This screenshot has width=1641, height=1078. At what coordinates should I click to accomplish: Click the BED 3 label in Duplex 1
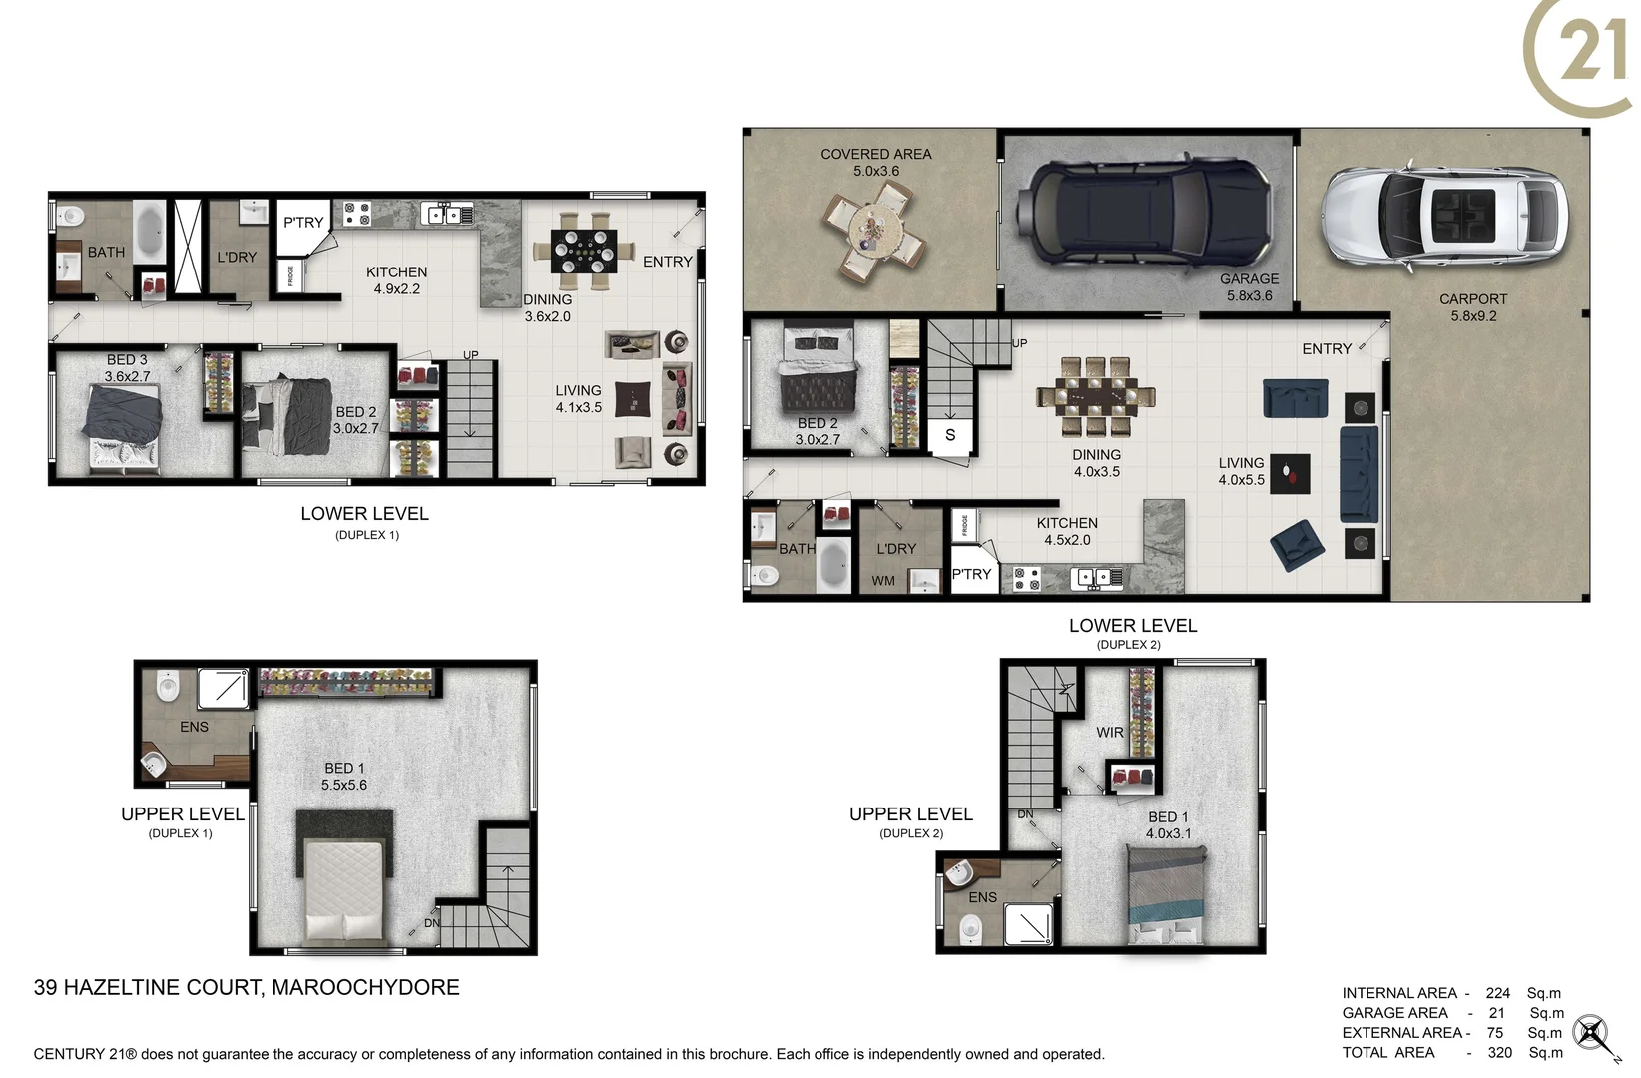click(x=127, y=360)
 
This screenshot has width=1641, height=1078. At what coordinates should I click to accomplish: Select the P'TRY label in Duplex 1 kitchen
click(x=303, y=223)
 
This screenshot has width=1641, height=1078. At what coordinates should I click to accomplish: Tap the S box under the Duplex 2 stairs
click(x=950, y=435)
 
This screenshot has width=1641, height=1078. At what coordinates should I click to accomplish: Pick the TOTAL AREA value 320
click(x=1499, y=1052)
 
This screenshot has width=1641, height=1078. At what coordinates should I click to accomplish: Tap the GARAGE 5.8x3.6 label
click(x=1249, y=287)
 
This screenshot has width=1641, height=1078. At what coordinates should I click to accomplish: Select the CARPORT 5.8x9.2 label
click(x=1473, y=307)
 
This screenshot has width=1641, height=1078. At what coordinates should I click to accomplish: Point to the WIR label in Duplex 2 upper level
click(x=1109, y=733)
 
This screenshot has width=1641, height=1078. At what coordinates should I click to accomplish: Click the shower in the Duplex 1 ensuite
click(x=222, y=689)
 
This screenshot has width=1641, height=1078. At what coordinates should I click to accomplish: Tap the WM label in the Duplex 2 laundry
click(x=883, y=581)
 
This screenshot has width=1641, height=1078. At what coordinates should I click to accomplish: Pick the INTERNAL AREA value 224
click(x=1497, y=993)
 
